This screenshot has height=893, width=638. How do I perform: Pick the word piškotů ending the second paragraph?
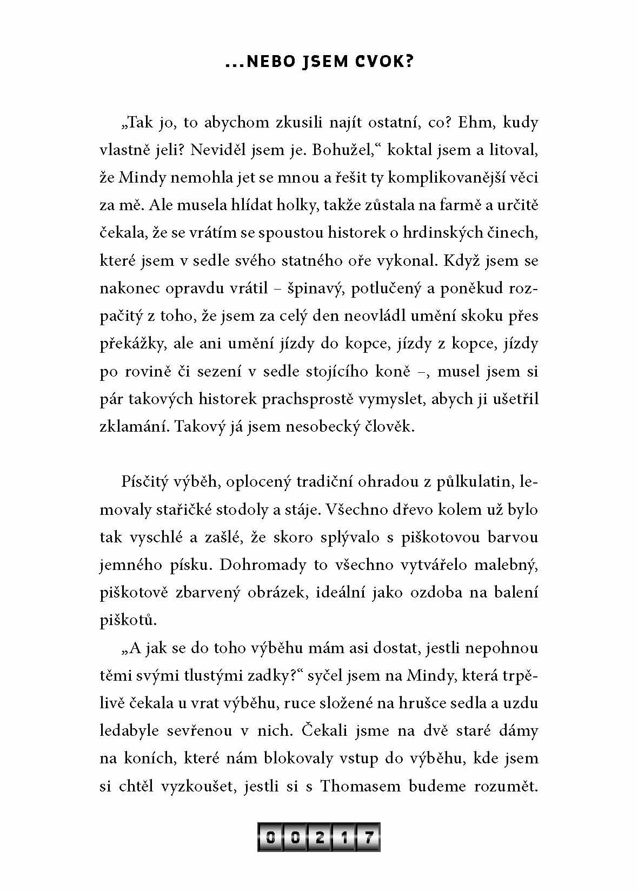(x=128, y=620)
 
